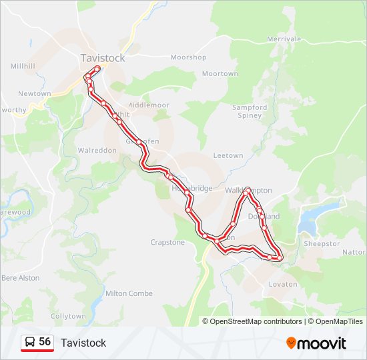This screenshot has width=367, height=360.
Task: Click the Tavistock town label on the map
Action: click(102, 58)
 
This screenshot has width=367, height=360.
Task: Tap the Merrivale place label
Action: click(284, 39)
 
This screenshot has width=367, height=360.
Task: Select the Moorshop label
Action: click(188, 57)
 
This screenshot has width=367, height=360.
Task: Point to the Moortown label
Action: click(220, 73)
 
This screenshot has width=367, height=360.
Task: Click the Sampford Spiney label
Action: click(250, 111)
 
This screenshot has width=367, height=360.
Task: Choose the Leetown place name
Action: click(228, 155)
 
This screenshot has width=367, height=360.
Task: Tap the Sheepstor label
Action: click(322, 243)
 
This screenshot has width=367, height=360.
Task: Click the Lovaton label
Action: click(282, 284)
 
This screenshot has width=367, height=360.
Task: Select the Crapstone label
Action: click(167, 242)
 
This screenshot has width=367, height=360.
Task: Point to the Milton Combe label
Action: click(129, 293)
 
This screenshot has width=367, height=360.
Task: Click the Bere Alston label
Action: click(21, 277)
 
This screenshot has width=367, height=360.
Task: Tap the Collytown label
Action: click(68, 315)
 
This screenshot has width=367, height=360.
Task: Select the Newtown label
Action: click(34, 93)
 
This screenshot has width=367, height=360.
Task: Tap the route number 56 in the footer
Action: click(45, 342)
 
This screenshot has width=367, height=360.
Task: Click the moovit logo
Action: click(316, 343)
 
